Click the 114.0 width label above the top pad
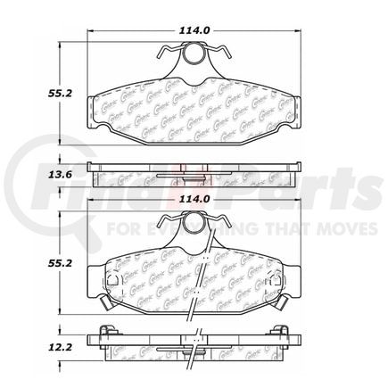coord(194,29)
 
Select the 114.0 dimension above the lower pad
coord(194,199)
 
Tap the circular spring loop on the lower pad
coord(194,230)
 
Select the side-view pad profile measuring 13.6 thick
coord(194,169)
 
